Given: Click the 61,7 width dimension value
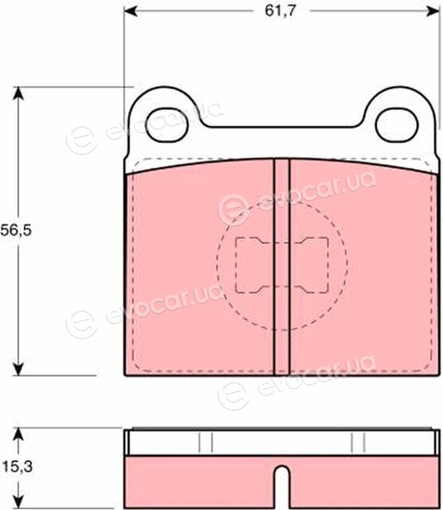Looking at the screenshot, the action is (281, 10).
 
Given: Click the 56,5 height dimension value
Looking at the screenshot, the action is (16, 230).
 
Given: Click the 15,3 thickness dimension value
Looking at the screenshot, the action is (17, 467).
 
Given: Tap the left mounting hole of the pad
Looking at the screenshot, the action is (167, 125).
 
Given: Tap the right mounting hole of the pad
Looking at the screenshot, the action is (397, 125).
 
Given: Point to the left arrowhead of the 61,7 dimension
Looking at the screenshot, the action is (130, 11).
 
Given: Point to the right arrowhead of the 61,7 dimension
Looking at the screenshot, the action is (434, 11).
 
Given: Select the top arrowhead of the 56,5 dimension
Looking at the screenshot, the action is (18, 93).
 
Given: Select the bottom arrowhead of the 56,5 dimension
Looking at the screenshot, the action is (18, 369).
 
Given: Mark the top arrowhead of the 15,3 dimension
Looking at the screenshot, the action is (18, 433).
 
